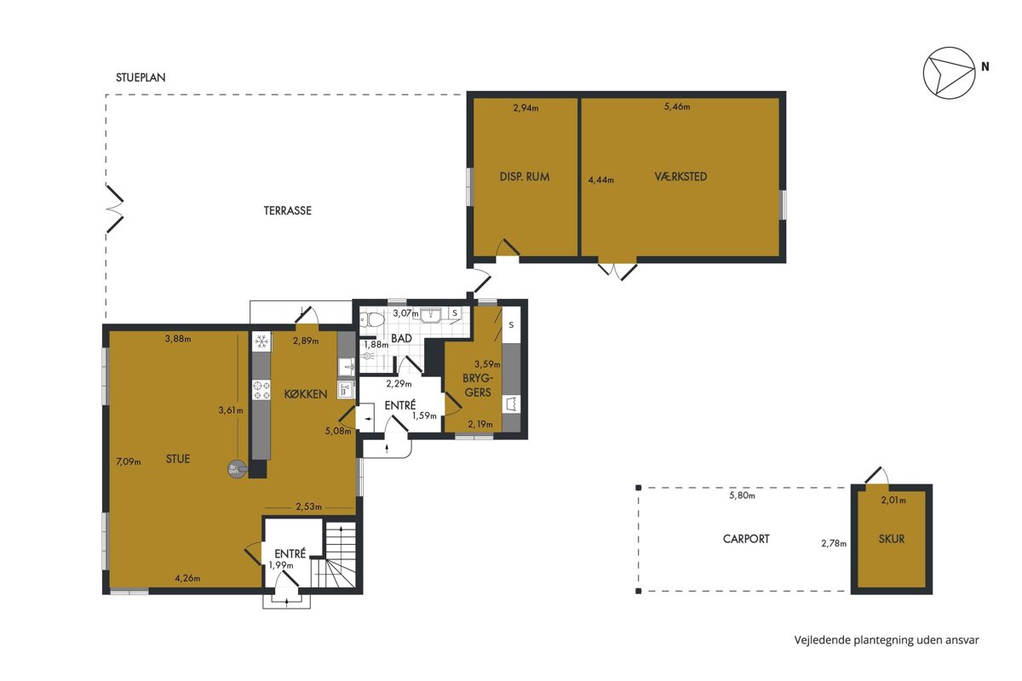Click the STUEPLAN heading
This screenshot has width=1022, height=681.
pyautogui.click(x=141, y=77)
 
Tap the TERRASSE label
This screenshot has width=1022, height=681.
pyautogui.click(x=288, y=211)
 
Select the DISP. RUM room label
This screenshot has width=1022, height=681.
pyautogui.click(x=525, y=177)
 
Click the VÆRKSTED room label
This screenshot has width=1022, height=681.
pyautogui.click(x=680, y=176)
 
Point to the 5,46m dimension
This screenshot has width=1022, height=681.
pyautogui.click(x=677, y=106)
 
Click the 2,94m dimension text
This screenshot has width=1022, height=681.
pyautogui.click(x=525, y=108)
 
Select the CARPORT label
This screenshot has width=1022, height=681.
pyautogui.click(x=746, y=539)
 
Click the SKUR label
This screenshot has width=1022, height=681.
pyautogui.click(x=892, y=539)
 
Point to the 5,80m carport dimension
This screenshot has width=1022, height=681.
pyautogui.click(x=742, y=495)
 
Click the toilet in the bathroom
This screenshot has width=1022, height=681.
pyautogui.click(x=373, y=320)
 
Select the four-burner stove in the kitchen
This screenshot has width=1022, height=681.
pyautogui.click(x=261, y=390)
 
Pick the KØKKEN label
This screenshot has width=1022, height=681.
pyautogui.click(x=306, y=394)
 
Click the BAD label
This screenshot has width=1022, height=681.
pyautogui.click(x=401, y=339)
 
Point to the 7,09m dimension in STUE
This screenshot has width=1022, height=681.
pyautogui.click(x=129, y=461)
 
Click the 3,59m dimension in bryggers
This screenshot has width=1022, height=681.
pyautogui.click(x=487, y=364)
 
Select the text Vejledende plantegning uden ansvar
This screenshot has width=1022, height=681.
pyautogui.click(x=887, y=640)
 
